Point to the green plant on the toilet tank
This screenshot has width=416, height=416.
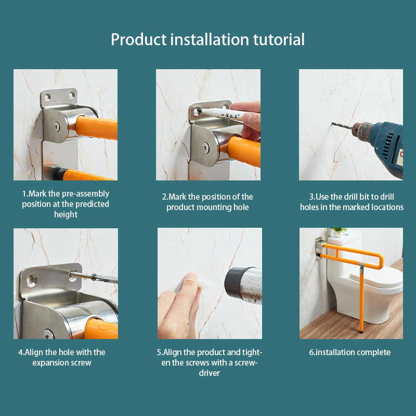point(339,230)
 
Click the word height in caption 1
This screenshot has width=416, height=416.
point(66,214)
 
